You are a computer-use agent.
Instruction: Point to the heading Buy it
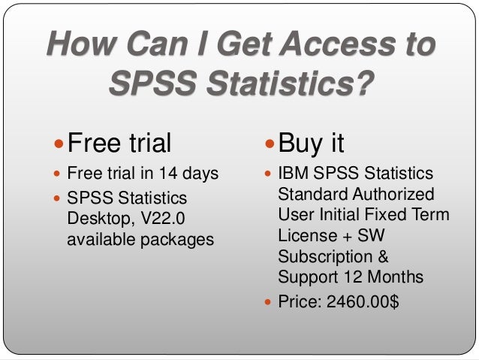(311, 141)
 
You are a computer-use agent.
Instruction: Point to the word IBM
(294, 174)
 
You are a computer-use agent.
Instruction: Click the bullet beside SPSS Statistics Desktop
(59, 199)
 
